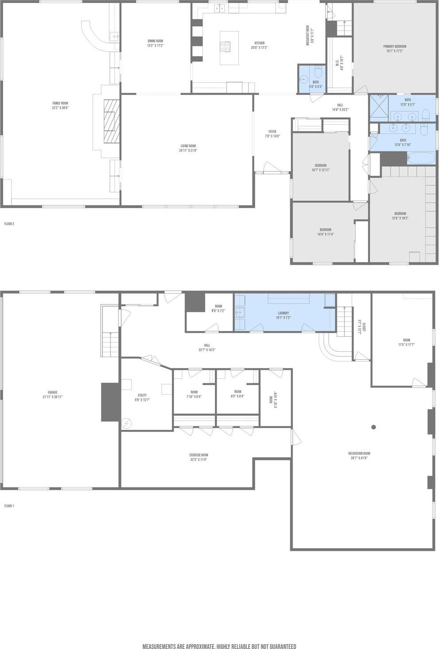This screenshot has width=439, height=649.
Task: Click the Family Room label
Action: [60, 105]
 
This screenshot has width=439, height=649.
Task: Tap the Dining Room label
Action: [155, 43]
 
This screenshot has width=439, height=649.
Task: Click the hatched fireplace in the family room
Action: [112, 121]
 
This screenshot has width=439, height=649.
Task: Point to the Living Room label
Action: [188, 148]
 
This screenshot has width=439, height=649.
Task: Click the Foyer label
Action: [272, 134]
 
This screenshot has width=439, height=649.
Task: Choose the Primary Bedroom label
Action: [395, 48]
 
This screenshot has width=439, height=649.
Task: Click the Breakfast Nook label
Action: [312, 36]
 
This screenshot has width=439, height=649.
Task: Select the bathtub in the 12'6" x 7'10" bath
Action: [421, 158]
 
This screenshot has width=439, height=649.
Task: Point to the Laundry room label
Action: [283, 315]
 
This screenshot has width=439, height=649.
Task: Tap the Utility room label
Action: [142, 397]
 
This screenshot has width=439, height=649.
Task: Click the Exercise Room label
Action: [198, 457]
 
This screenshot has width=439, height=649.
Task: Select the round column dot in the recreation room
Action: [374, 427]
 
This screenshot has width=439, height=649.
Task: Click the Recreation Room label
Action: [359, 455]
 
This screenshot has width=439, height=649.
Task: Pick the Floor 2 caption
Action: [9, 224]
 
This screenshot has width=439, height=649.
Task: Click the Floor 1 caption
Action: [9, 506]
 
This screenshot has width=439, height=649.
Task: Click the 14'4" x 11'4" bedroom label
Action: [325, 232]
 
